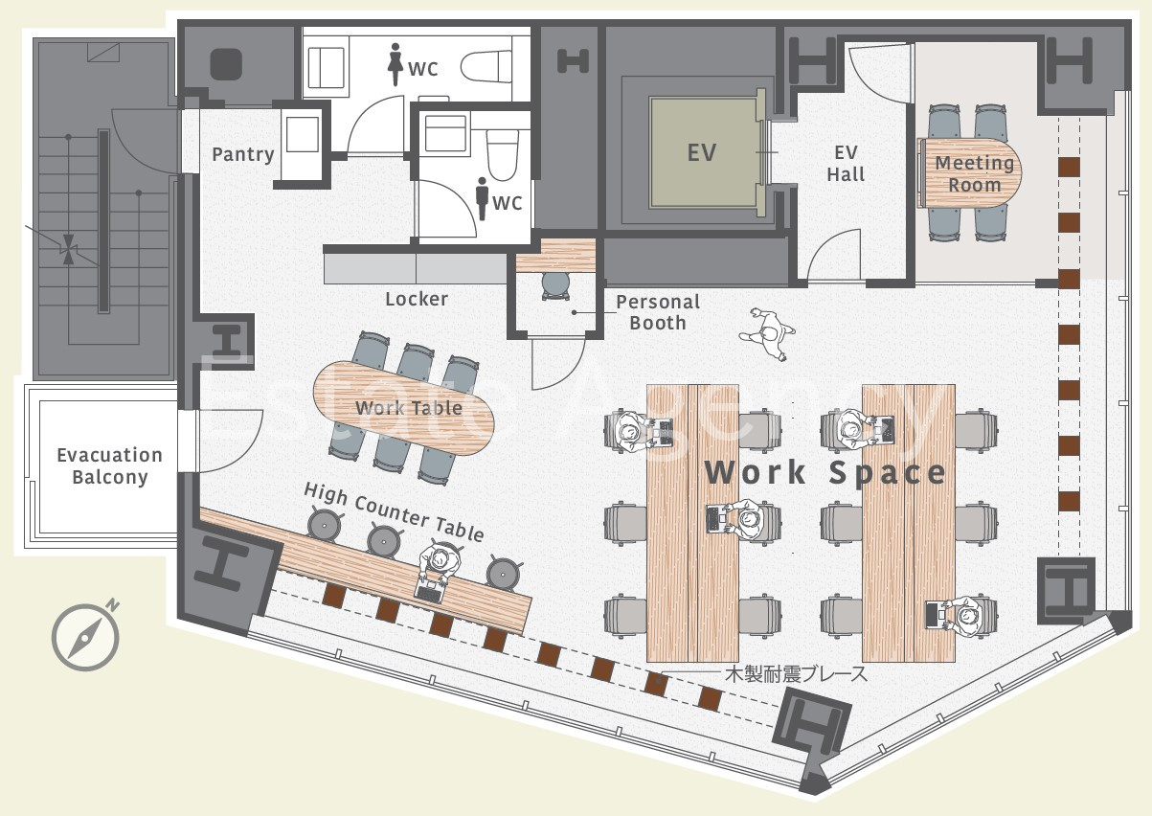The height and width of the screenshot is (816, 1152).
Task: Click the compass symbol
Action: point(85,637)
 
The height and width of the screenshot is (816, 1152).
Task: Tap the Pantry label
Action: point(242,154)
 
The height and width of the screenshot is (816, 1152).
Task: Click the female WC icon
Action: point(395,64)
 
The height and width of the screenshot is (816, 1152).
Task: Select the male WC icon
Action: point(482,199)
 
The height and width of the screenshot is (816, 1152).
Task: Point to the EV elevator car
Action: point(702,152)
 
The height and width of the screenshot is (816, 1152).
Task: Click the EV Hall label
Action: point(846,164)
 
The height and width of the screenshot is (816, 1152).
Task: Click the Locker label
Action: point(417,299)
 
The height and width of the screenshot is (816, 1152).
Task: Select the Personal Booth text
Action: point(658,312)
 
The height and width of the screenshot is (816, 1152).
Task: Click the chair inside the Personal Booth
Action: point(556,285)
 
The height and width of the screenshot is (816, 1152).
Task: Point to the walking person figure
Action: point(767,333)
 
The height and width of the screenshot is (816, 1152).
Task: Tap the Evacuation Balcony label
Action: point(109,466)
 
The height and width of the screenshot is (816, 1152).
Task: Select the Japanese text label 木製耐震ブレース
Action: point(796,674)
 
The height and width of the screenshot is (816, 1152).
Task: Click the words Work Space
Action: point(824,472)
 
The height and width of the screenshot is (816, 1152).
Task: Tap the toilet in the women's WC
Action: point(486,66)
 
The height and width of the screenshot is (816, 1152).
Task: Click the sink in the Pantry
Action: point(302,134)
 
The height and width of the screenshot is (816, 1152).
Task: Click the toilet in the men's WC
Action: point(502,154)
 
